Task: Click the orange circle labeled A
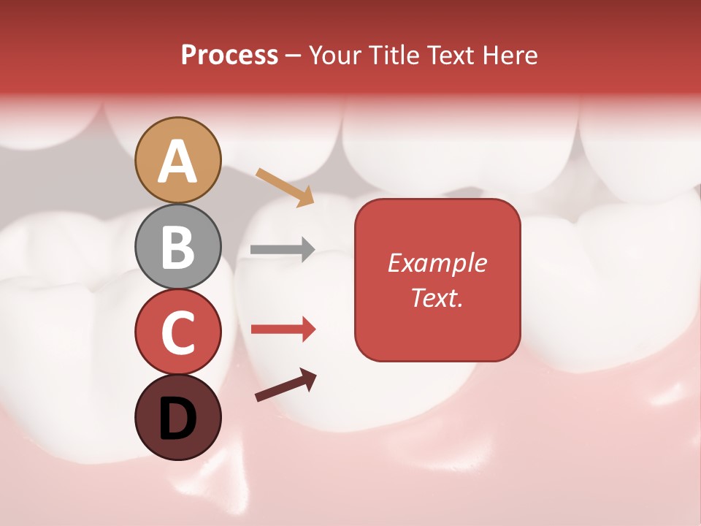tap(177, 160)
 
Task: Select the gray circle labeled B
tap(177, 246)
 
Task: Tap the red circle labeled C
tap(177, 332)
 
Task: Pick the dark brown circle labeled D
tap(177, 417)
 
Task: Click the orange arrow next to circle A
tap(284, 187)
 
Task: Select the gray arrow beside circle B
tap(282, 249)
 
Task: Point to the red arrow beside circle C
tap(282, 329)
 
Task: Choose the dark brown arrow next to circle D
tap(285, 386)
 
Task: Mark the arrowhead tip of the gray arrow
tap(314, 249)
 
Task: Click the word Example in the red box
tap(437, 263)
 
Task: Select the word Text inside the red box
tap(434, 297)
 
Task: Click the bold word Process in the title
tap(229, 55)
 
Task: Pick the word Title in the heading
tap(391, 55)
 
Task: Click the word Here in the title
tap(512, 55)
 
